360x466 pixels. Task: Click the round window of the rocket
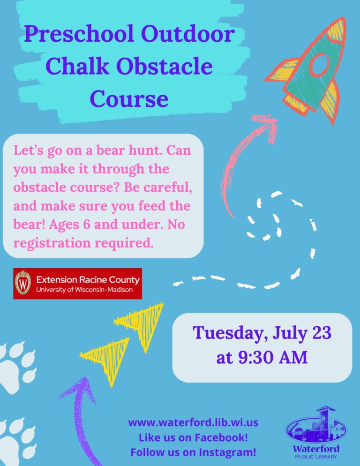pos(320,65)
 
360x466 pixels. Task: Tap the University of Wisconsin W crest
pos(22,283)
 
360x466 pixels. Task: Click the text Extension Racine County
pos(88,280)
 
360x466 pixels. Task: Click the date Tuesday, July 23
pos(262,333)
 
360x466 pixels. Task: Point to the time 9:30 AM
pos(262,358)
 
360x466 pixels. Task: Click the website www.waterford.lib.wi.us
pos(193,422)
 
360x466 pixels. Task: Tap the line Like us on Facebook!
pos(193,437)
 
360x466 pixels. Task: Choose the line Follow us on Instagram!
pos(193,452)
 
